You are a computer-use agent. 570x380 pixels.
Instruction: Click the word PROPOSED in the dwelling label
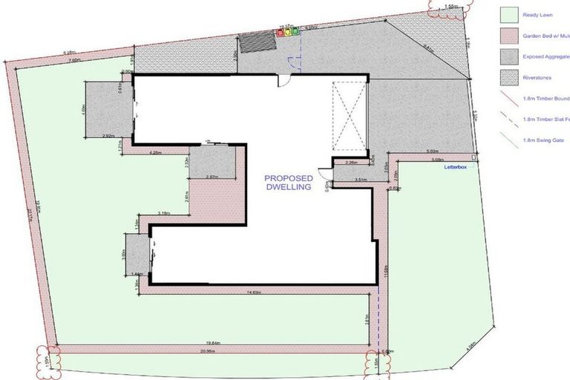click(x=289, y=179)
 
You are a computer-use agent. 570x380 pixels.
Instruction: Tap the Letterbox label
click(x=451, y=168)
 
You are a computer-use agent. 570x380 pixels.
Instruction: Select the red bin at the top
click(x=282, y=32)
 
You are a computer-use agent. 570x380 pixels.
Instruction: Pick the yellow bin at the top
click(x=289, y=32)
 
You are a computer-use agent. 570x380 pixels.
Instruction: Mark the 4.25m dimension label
click(x=156, y=153)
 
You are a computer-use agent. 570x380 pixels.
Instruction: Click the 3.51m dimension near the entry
click(x=361, y=179)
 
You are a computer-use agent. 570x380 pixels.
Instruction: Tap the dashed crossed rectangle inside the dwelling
click(x=349, y=116)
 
